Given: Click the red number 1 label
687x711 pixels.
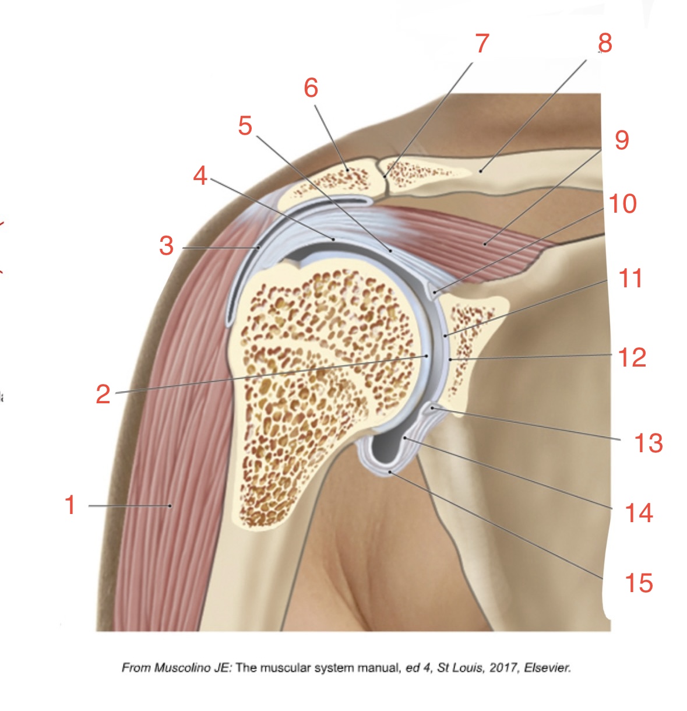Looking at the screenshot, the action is [71, 505].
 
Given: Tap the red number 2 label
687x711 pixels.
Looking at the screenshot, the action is [103, 395].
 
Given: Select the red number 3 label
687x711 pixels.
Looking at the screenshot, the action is [167, 246].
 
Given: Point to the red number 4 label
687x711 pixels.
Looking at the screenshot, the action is [200, 175].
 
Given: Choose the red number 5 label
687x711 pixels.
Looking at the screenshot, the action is [245, 125].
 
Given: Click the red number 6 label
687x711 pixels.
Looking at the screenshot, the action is [311, 88].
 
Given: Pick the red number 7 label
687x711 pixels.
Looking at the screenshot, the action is [482, 44].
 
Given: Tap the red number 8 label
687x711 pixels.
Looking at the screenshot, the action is [605, 43].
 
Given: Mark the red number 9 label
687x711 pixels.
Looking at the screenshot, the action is [622, 140].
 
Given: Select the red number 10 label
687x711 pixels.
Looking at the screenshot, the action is [622, 204].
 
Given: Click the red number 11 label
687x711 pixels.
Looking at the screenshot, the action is [630, 279].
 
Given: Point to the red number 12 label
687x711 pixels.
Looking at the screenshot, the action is [632, 357].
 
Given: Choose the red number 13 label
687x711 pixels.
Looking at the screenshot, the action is [649, 444].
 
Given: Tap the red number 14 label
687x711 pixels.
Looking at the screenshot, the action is [639, 513].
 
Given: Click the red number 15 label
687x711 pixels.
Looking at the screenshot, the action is [639, 583].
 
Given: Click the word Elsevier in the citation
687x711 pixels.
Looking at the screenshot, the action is [547, 668].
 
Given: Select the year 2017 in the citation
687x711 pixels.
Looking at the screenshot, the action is [503, 668].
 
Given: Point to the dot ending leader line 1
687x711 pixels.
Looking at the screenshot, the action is [170, 506].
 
